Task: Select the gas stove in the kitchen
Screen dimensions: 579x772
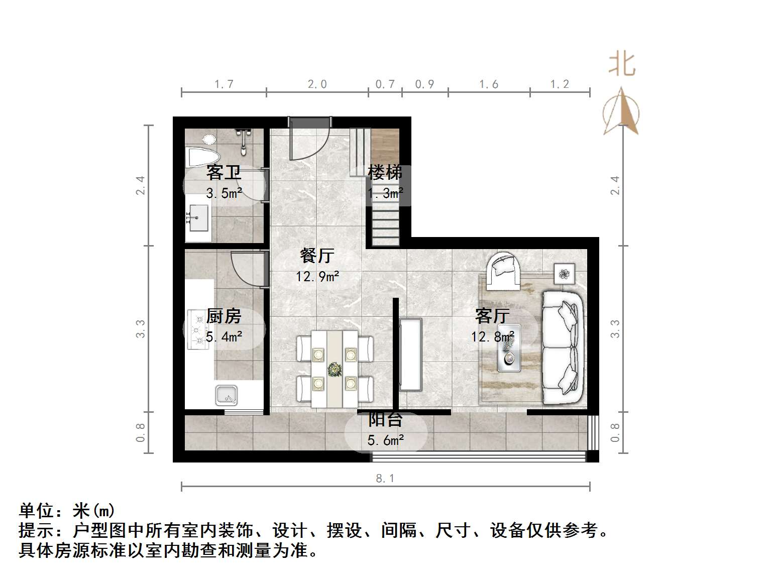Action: [197, 329]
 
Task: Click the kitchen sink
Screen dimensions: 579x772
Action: [227, 395]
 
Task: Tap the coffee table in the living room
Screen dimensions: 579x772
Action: [508, 348]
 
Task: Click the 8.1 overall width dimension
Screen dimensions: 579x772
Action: [385, 479]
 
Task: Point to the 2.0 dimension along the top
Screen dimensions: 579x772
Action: [317, 84]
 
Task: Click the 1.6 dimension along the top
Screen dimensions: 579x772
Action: [489, 84]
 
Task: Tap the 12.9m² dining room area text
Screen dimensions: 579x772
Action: [317, 276]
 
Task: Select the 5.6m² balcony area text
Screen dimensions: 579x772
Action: [386, 441]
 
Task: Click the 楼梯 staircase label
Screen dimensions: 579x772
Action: [385, 172]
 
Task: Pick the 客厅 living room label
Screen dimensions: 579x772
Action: [492, 316]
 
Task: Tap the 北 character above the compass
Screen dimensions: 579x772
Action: [622, 65]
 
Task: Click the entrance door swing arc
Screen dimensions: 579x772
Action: [311, 143]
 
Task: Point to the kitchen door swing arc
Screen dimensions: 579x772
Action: [246, 269]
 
